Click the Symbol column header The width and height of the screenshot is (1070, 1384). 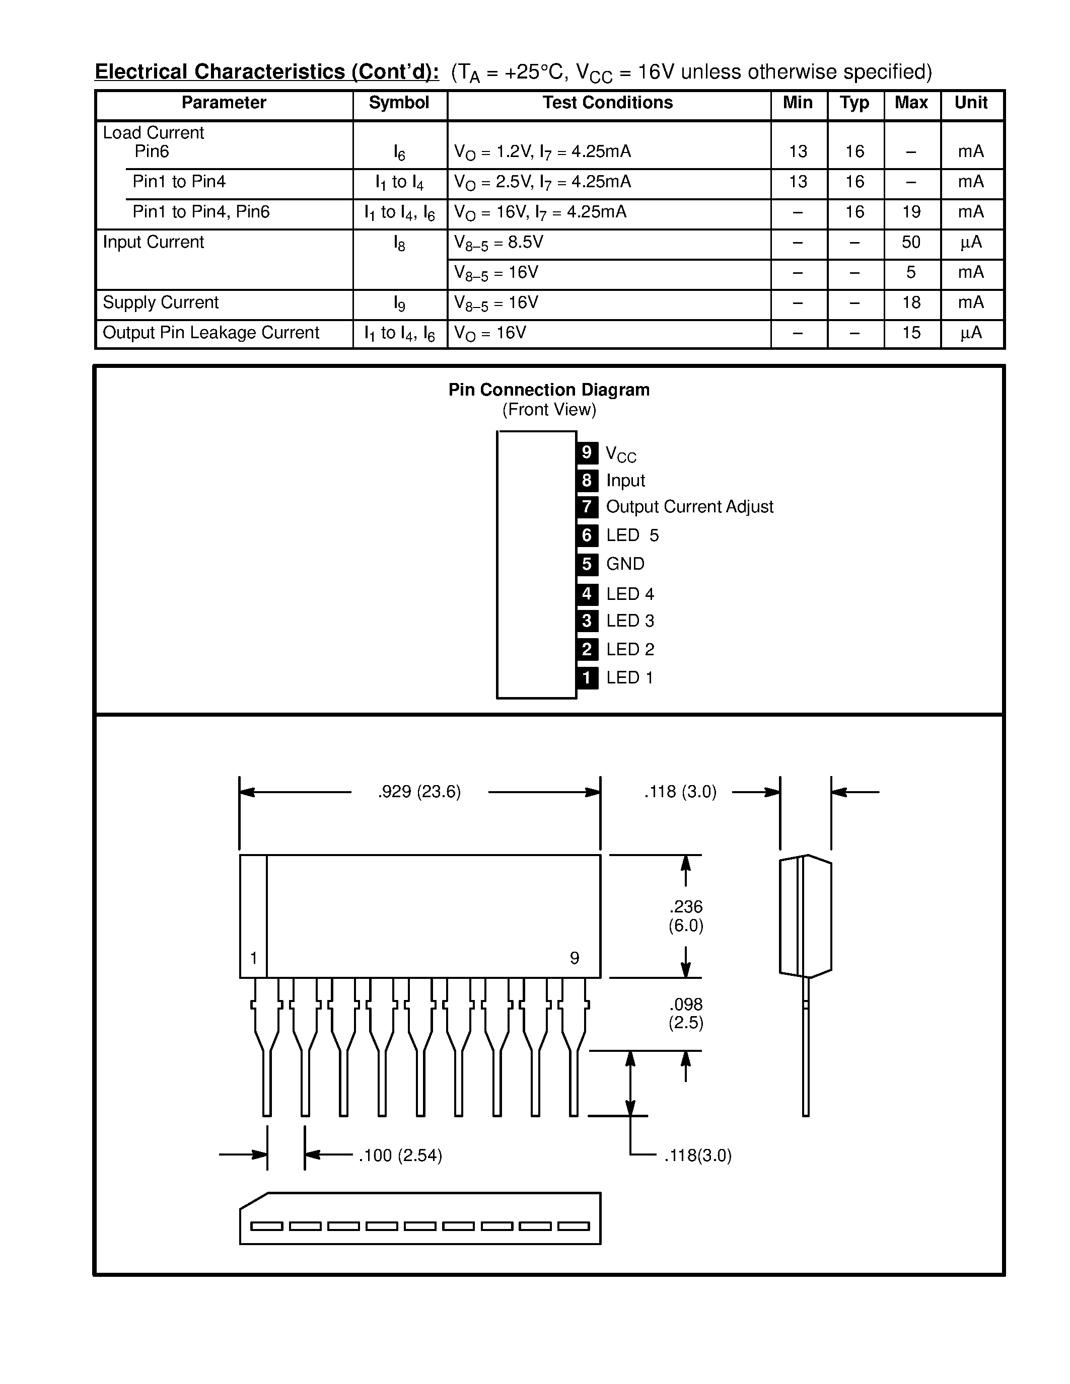coord(399,103)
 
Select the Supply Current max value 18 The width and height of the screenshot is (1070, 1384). coord(911,303)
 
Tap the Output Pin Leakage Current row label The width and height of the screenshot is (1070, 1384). coord(210,333)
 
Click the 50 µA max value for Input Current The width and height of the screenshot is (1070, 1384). coord(911,242)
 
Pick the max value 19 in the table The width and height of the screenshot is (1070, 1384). coord(911,212)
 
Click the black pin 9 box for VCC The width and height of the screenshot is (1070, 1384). coord(587,452)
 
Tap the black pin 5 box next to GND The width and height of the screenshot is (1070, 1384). coord(587,564)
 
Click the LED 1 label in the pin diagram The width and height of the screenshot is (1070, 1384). coord(629,677)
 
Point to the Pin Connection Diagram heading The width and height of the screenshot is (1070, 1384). coord(549,390)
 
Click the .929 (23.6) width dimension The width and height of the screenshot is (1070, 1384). coord(419,792)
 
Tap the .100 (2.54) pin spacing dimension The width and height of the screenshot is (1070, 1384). coord(400,1155)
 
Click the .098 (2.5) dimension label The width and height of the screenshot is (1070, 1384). coord(686,1013)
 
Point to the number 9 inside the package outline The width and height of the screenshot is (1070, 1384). coord(575,958)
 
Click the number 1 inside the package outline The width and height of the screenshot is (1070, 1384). coord(254,958)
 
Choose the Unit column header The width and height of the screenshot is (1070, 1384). coord(970,103)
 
